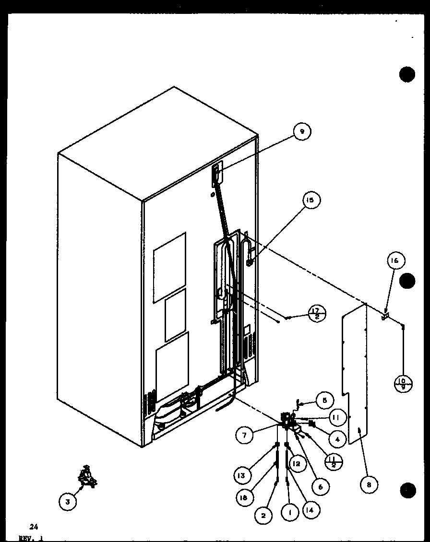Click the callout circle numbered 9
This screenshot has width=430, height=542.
coord(302,131)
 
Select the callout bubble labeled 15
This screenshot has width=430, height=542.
coord(311,200)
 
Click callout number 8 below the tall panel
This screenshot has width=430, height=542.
coord(368,484)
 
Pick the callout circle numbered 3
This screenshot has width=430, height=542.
coord(68,502)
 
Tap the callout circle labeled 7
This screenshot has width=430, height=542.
coord(244,435)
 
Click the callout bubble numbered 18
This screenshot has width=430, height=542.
coord(245,498)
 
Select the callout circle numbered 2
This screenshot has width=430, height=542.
coord(263,516)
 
